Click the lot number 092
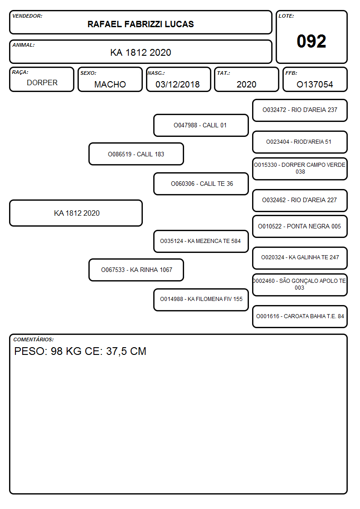coord(311,41)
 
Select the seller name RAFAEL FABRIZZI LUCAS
coord(141,24)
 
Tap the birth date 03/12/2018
coord(178,84)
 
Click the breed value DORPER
coord(42,83)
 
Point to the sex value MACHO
coord(110,84)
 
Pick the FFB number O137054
coord(315,84)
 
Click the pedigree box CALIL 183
coord(136,154)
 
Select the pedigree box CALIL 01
coord(201,125)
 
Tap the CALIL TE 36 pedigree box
coord(201,184)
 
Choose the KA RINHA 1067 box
coord(136,270)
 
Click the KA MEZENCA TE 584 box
coord(201,241)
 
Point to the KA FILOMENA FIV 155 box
coord(201,300)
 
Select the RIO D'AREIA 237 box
coord(300,111)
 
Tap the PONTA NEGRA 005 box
coord(300,226)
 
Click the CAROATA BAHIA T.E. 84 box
coord(300,316)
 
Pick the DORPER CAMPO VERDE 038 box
coord(300,169)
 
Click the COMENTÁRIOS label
coord(34,339)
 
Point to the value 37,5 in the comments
coord(117,352)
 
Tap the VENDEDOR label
coord(27,16)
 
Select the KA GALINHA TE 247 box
coord(300,258)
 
